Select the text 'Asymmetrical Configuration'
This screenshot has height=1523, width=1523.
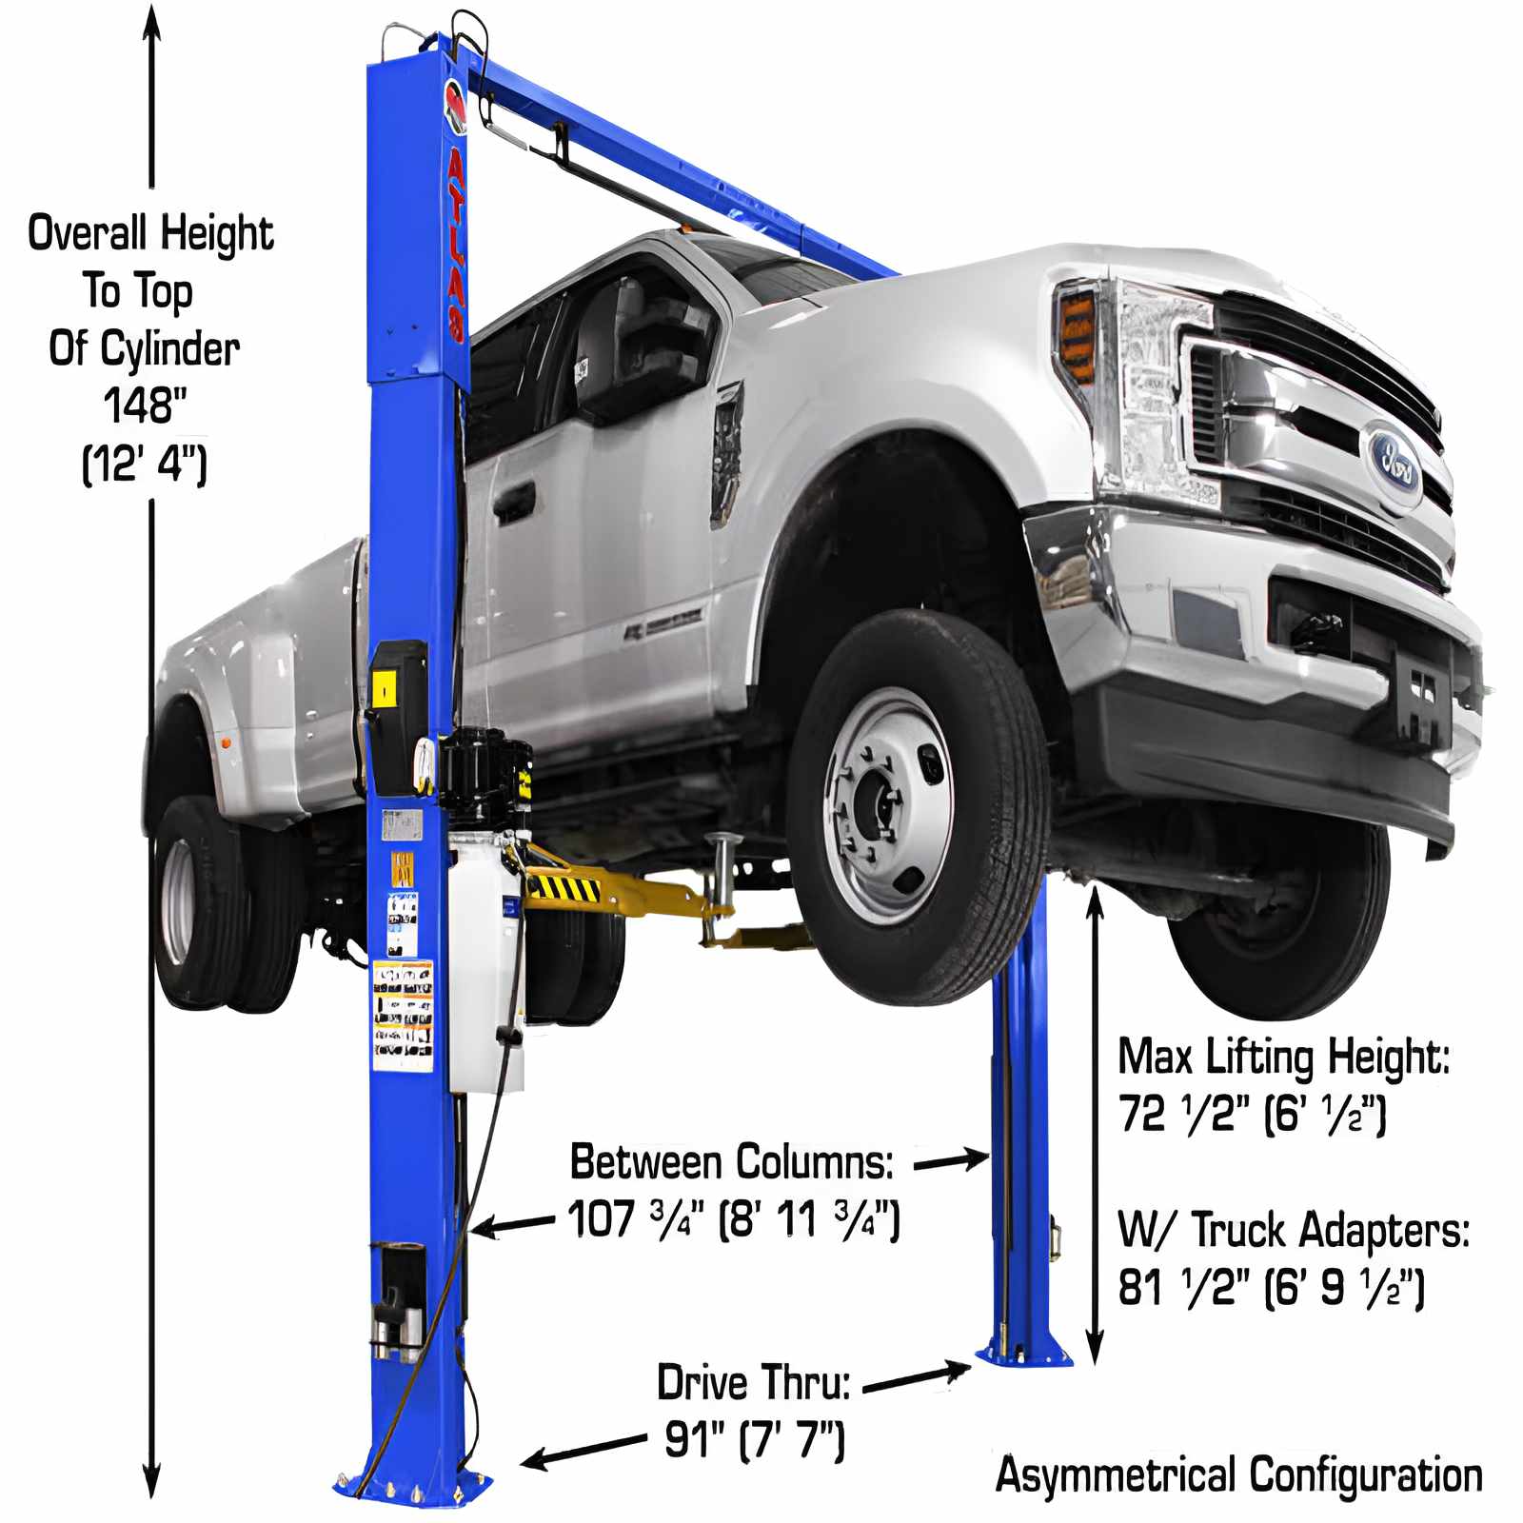(1238, 1474)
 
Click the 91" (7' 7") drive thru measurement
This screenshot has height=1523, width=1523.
(754, 1438)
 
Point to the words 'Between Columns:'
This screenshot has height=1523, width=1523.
(731, 1162)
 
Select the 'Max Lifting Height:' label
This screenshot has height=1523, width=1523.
(1283, 1057)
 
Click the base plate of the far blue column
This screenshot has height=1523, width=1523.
(1023, 1354)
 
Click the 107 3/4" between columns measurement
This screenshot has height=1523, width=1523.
(733, 1218)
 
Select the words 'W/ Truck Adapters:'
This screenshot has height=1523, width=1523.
(1293, 1230)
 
